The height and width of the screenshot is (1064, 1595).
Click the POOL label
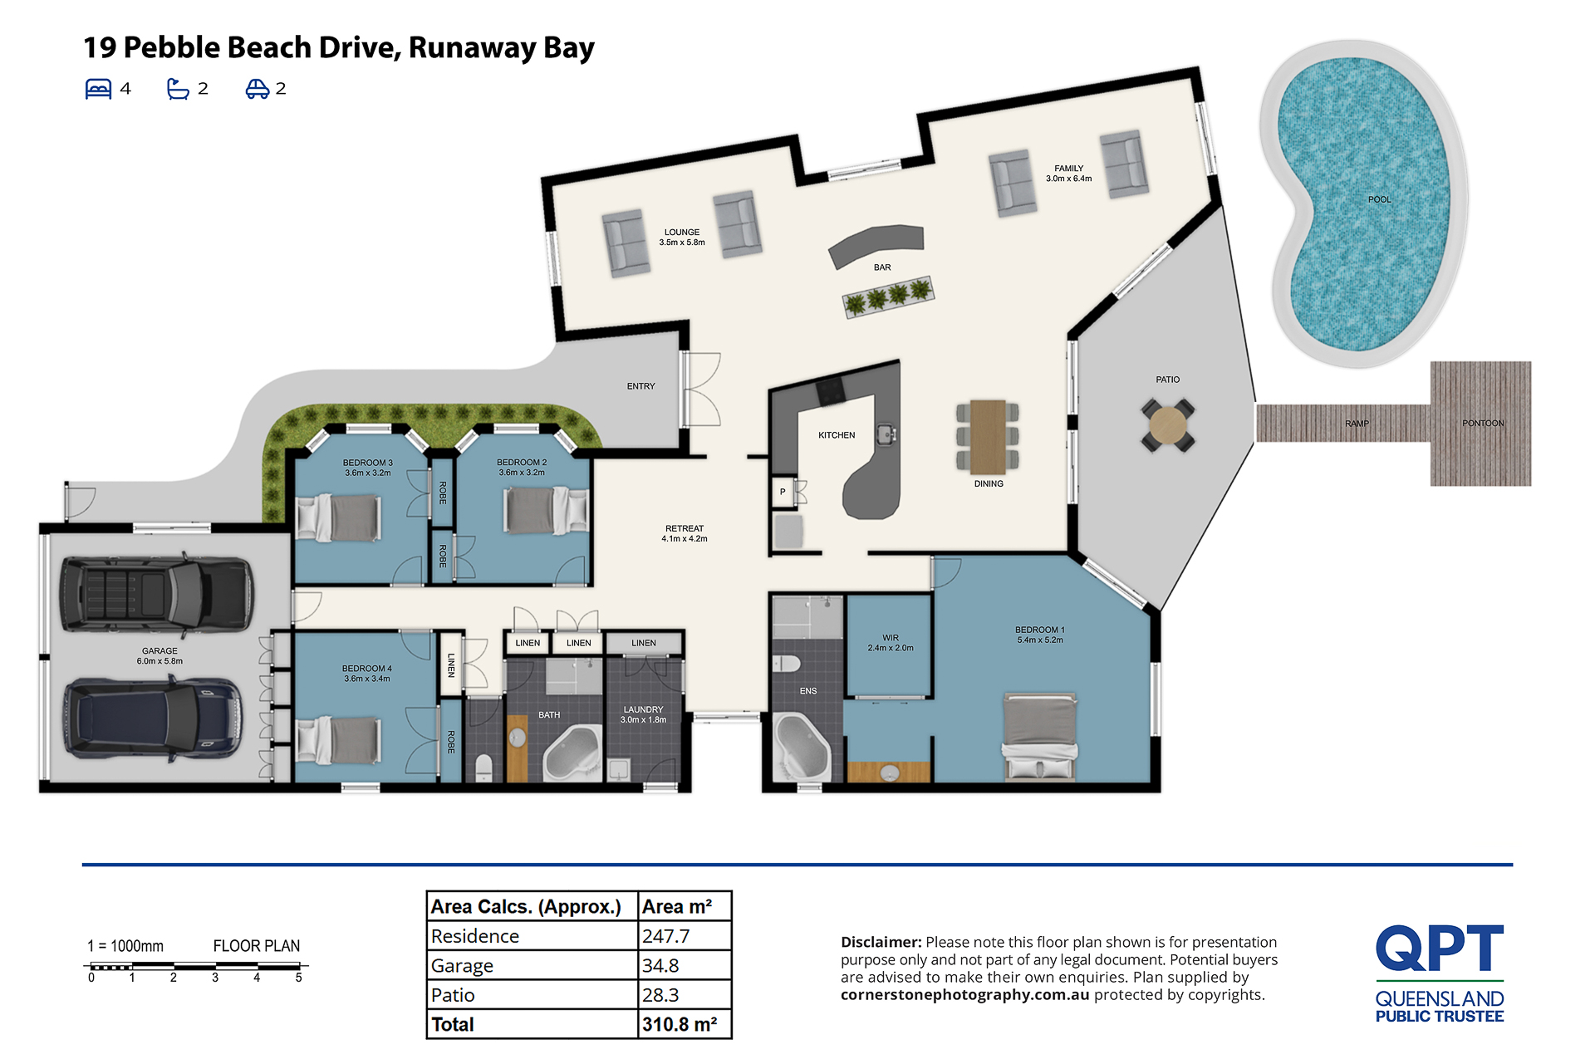click(1379, 199)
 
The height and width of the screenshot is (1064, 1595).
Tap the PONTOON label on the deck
click(1483, 424)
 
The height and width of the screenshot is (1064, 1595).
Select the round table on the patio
click(1168, 425)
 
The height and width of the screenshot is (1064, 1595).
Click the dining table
click(988, 437)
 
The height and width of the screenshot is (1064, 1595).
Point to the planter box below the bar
click(889, 297)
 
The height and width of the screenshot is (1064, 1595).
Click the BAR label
click(882, 267)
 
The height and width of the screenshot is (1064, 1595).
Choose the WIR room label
click(891, 638)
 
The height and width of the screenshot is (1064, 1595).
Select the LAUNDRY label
click(643, 710)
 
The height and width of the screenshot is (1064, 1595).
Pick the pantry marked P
click(783, 492)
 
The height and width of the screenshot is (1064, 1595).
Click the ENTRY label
click(640, 386)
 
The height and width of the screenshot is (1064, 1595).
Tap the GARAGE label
click(159, 651)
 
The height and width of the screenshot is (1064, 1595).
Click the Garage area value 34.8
click(660, 966)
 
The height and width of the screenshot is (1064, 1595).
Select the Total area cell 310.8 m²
click(680, 1025)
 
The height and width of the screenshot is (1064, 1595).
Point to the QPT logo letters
click(1440, 949)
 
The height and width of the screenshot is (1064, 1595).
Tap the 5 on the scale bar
click(299, 978)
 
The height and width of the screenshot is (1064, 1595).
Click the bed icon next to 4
click(99, 89)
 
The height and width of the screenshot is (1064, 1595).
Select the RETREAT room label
click(685, 528)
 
